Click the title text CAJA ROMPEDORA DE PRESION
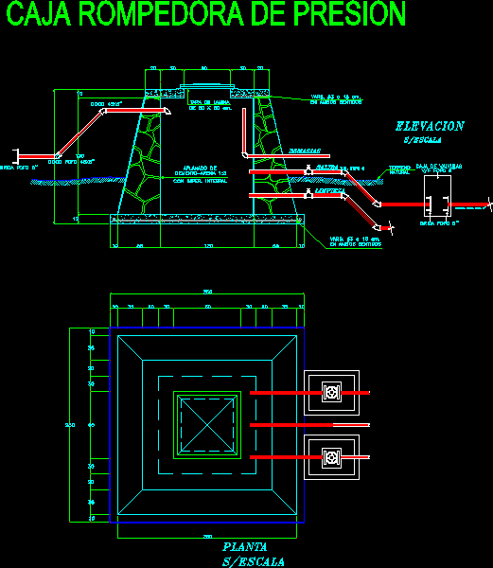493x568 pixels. coord(203,16)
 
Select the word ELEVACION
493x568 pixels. coord(430,126)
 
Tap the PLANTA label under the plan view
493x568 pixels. coord(244,547)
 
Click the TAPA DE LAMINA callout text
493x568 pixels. coord(212,104)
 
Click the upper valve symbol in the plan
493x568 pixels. coord(331,391)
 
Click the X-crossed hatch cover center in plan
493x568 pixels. coord(206,426)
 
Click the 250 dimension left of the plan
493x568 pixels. coord(69,425)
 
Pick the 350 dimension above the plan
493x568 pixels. coord(207,292)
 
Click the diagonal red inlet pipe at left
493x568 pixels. coord(79,133)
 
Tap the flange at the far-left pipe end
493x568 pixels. coord(13,154)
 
